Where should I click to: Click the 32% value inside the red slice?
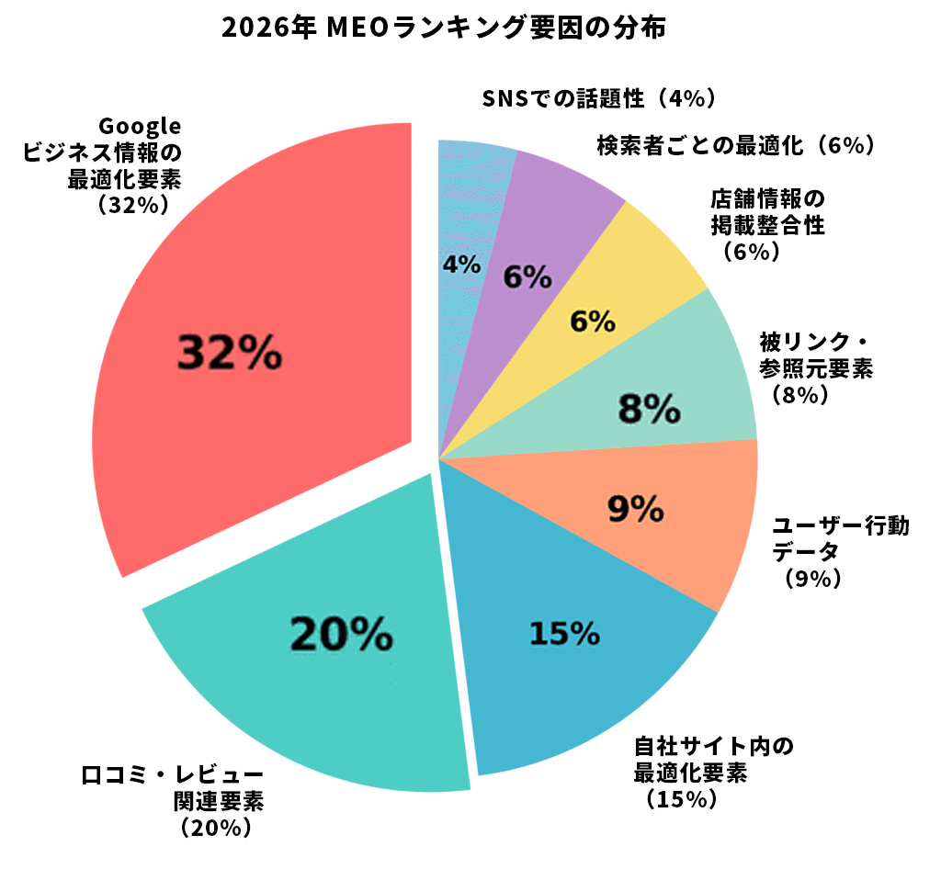(229, 353)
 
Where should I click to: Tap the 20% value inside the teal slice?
(342, 633)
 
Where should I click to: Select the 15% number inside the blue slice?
(564, 633)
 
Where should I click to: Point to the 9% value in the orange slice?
(636, 507)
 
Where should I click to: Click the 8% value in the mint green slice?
(649, 409)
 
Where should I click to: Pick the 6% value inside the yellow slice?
(592, 322)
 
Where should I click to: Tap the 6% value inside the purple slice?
(527, 276)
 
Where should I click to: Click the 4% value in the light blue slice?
(461, 265)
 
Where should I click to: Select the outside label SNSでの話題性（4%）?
(598, 97)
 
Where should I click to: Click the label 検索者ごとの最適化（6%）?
(734, 144)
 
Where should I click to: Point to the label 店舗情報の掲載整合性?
(768, 211)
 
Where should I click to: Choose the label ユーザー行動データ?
(840, 538)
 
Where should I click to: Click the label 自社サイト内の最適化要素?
(713, 759)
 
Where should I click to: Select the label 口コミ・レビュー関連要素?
(173, 788)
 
